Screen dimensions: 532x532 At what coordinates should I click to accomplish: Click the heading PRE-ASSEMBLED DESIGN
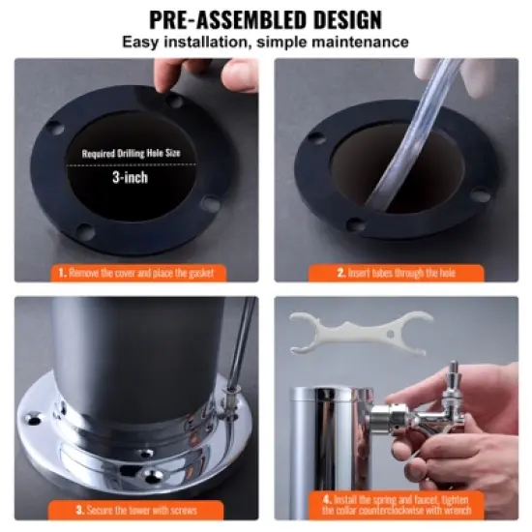265,18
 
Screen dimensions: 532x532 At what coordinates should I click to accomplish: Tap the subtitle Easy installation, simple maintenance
265,43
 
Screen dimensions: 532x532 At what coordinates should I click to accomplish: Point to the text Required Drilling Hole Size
130,153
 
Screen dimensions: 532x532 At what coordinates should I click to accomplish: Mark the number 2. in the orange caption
340,273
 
